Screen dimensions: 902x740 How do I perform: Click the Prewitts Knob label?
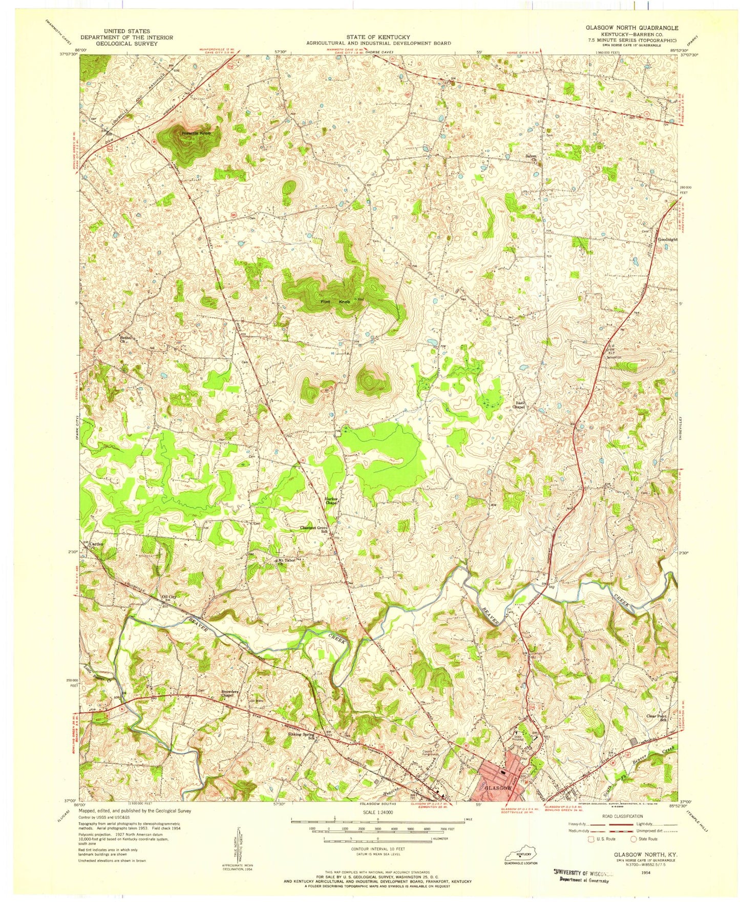[x=195, y=133]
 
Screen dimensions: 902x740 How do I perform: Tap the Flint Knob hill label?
[x=335, y=302]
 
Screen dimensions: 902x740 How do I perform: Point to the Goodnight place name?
[x=667, y=239]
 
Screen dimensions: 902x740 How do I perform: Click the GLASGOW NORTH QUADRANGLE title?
[x=632, y=28]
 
